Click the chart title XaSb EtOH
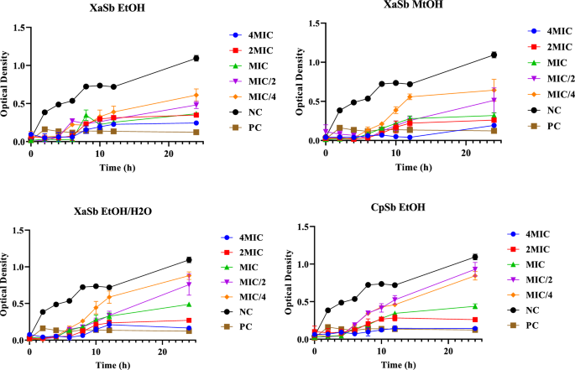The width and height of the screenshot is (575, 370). pos(112,8)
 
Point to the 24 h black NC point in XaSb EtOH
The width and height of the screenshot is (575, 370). pos(196,58)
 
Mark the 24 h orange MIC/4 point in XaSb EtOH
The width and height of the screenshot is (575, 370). pos(196,95)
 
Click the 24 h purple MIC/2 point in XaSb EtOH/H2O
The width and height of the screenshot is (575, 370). pos(189,284)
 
